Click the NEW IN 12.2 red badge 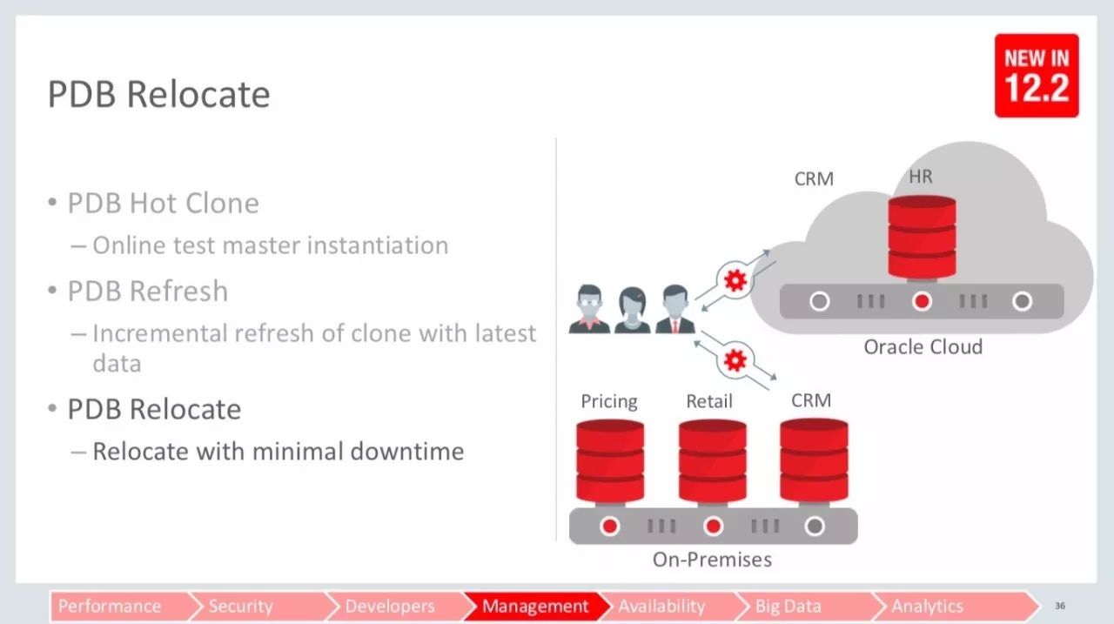coord(1037,76)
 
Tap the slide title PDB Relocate coord(158,94)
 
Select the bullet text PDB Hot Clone coord(163,203)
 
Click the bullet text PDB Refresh coord(148,291)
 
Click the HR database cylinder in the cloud coord(922,238)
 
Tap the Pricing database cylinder coord(610,460)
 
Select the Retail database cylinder coord(713,460)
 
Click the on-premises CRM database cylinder coord(814,460)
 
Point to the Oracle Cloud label coord(923,347)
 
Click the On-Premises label coord(712,560)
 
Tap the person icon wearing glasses coord(589,309)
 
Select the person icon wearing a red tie coord(674,309)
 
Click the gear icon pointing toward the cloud coord(735,280)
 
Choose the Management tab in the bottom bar coord(535,606)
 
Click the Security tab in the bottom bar coord(241,606)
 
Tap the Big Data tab coord(788,606)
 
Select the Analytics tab coord(928,606)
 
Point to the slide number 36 coord(1060,606)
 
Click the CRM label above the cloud coord(814,179)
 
